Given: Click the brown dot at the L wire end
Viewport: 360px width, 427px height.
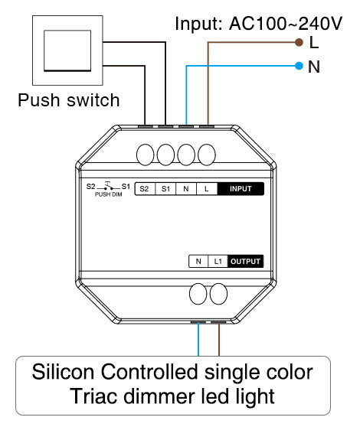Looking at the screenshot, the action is pos(299,42).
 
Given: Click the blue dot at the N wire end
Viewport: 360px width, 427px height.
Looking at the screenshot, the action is pos(299,66).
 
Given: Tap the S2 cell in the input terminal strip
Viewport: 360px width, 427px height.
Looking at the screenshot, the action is pos(145,189).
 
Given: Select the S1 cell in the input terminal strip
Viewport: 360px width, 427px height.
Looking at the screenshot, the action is pos(165,189).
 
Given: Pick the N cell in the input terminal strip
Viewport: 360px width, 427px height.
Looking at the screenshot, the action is pos(186,189).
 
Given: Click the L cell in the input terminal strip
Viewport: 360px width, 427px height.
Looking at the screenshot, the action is pos(207,189).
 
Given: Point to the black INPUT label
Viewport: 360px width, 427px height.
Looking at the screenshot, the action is pos(241,189).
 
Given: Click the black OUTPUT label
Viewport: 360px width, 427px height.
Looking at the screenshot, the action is pos(245,262).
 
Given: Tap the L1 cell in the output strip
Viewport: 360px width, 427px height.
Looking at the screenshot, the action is pos(218,262).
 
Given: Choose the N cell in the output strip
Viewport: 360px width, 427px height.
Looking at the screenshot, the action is pos(198,262).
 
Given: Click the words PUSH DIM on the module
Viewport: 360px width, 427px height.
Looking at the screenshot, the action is pos(108,194).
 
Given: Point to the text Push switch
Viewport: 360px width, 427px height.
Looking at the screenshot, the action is pos(69,100).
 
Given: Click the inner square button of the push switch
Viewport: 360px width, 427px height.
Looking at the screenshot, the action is pos(67,51).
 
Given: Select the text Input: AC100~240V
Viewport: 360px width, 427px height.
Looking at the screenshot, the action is pos(258,24).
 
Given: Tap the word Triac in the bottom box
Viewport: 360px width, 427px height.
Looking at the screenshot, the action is pos(93,396).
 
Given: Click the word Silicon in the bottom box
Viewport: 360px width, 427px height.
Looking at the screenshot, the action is pos(63,372).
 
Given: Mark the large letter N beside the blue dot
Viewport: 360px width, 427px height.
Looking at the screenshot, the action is pos(314,67).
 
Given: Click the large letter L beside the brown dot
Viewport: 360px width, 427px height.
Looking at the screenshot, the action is pos(314,43).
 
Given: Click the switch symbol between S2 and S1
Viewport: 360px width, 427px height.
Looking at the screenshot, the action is pos(109,186).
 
